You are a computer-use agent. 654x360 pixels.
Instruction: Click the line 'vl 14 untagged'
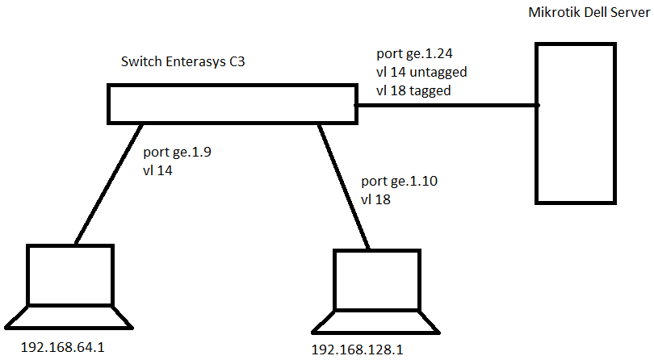point(421,73)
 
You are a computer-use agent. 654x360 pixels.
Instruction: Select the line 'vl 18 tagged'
point(413,90)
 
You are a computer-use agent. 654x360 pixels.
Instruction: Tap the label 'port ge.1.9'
point(177,152)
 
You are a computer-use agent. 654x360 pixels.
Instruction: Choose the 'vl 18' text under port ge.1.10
point(375,199)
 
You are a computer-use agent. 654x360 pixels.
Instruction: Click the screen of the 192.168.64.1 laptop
point(71,274)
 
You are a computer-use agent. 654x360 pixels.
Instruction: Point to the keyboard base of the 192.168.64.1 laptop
point(69,317)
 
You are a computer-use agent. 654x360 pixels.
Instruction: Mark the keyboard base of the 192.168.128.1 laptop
point(376,321)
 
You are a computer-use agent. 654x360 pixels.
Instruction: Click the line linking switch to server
point(446,105)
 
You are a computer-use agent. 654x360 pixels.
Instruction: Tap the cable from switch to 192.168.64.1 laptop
point(109,182)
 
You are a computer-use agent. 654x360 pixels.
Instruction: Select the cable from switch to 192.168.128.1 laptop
point(344,186)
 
